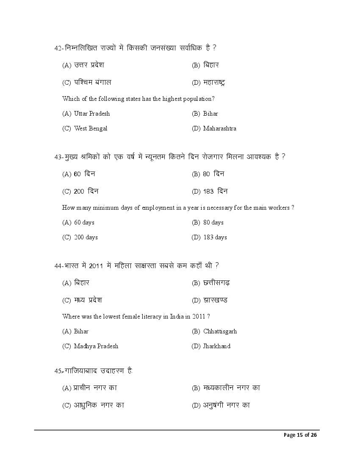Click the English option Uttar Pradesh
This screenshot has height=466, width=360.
(91, 114)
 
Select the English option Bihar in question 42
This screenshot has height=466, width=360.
(210, 114)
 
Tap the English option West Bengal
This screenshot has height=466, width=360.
(91, 128)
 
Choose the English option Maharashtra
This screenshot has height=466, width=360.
(219, 128)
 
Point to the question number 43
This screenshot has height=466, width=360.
(58, 157)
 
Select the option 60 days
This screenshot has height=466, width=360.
(84, 222)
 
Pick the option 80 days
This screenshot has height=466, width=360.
(213, 222)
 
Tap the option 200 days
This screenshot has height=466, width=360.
(86, 237)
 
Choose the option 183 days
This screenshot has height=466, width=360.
(215, 237)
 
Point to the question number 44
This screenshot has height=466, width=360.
(58, 266)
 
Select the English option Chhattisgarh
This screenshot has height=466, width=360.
(220, 331)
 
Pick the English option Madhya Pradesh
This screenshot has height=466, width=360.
(96, 346)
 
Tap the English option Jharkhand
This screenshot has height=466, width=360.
(216, 346)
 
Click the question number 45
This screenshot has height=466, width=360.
(58, 371)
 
